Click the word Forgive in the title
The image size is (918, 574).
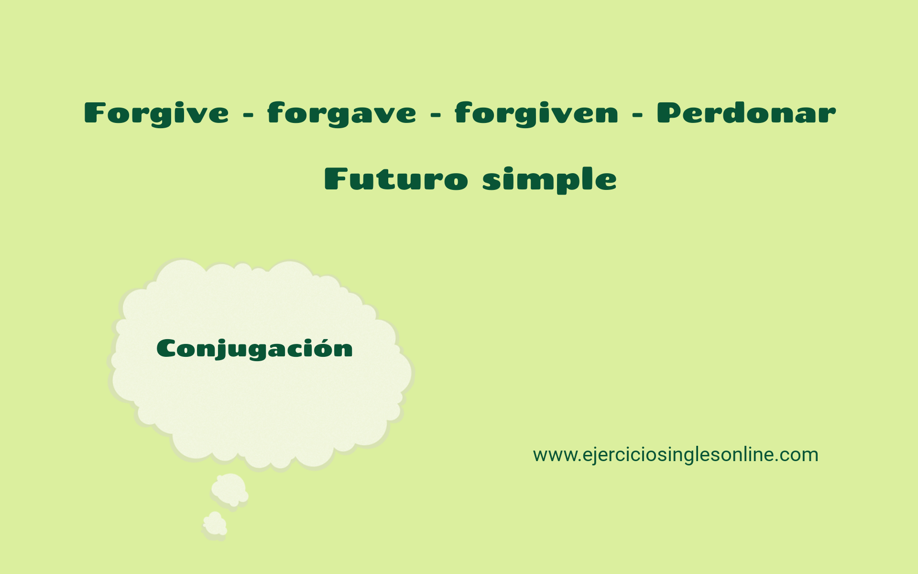tap(156, 114)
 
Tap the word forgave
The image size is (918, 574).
tap(341, 114)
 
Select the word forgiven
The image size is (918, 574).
tap(536, 114)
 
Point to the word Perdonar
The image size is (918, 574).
tap(746, 113)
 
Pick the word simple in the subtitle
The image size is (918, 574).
tap(549, 180)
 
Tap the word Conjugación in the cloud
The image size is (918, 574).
tap(254, 349)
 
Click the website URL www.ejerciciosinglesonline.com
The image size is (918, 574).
tap(675, 454)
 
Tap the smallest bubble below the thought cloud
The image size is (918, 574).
tap(215, 524)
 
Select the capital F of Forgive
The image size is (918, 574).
tap(94, 113)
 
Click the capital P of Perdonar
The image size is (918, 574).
tap(668, 113)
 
